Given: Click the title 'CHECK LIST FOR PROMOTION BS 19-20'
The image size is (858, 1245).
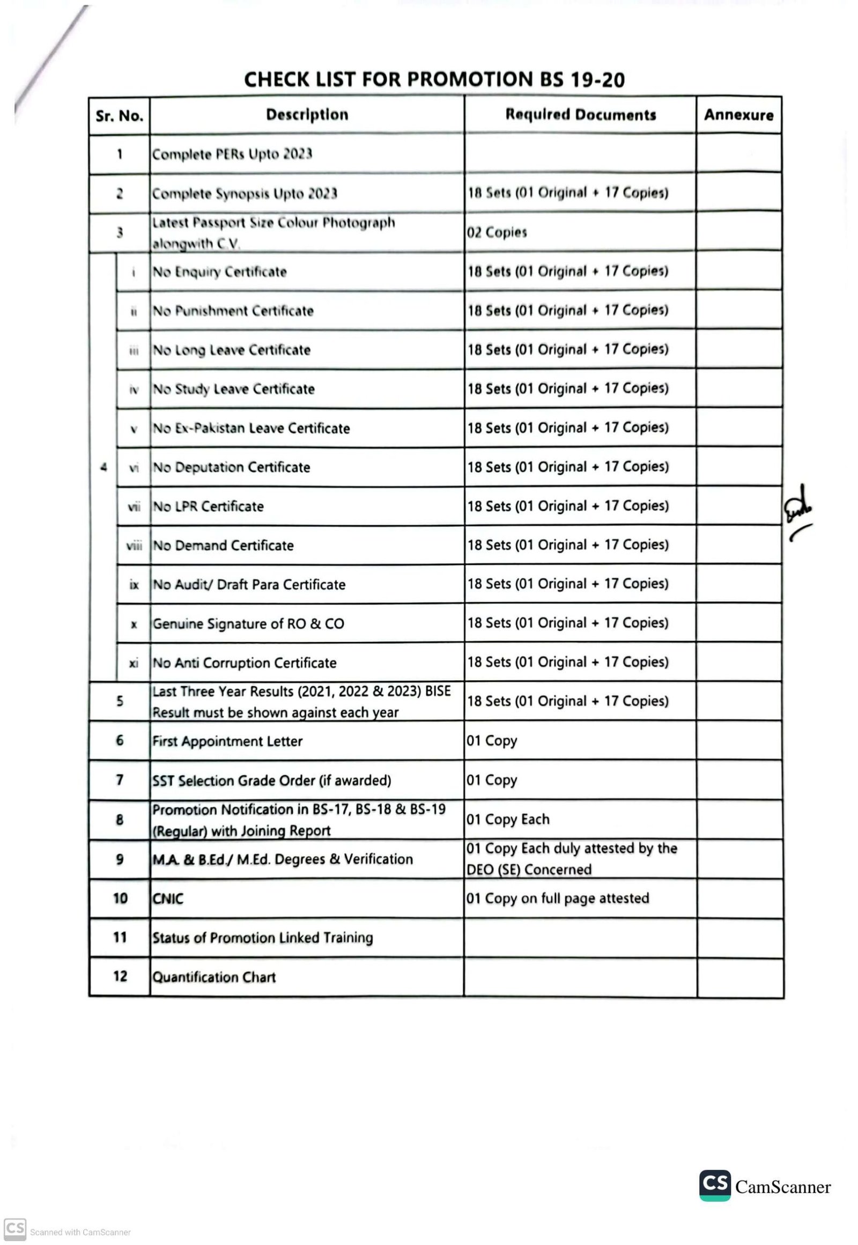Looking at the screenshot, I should pyautogui.click(x=434, y=79).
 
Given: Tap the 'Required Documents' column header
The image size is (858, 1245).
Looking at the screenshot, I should pyautogui.click(x=580, y=115).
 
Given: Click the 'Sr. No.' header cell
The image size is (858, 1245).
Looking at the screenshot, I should pyautogui.click(x=119, y=116).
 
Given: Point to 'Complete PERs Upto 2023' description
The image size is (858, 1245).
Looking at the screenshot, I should pyautogui.click(x=232, y=154).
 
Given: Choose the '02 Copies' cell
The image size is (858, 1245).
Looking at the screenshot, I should pyautogui.click(x=497, y=232).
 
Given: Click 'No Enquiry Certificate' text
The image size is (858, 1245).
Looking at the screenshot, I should pyautogui.click(x=219, y=271).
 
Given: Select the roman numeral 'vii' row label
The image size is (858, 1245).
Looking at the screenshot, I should pyautogui.click(x=134, y=506).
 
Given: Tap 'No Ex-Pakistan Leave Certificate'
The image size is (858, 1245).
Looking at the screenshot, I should pyautogui.click(x=251, y=428).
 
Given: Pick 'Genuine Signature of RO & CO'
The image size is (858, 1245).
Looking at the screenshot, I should pyautogui.click(x=248, y=624).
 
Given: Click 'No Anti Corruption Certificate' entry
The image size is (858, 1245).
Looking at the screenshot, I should pyautogui.click(x=244, y=662).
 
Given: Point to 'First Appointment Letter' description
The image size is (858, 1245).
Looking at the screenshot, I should pyautogui.click(x=227, y=741).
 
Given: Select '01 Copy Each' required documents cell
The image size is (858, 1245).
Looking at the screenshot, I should pyautogui.click(x=507, y=819).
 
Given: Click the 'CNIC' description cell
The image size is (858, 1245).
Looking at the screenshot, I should pyautogui.click(x=168, y=898).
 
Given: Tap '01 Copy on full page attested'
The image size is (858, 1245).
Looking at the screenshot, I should pyautogui.click(x=558, y=898).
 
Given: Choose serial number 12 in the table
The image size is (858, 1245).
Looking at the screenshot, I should pyautogui.click(x=120, y=976).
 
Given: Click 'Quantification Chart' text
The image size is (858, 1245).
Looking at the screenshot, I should pyautogui.click(x=213, y=977).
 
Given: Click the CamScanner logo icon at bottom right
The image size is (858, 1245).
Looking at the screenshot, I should pyautogui.click(x=714, y=1185).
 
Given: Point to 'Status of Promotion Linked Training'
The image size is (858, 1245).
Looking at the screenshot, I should pyautogui.click(x=262, y=938).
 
